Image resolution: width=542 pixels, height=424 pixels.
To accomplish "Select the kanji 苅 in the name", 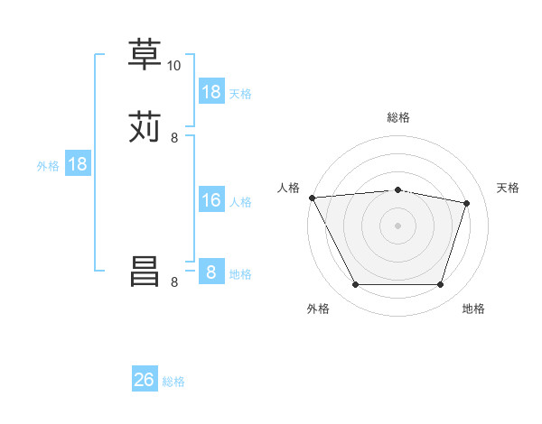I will point(145,127).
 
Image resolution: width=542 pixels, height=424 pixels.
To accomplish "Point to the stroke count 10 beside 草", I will point(174,66).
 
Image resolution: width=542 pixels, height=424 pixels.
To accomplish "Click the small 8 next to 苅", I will point(174,138).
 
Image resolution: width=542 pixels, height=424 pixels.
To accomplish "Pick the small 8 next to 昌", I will point(174,282).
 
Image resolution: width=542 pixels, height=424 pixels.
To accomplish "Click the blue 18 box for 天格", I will point(211,92).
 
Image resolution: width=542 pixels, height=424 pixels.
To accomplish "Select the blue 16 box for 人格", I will point(211,200).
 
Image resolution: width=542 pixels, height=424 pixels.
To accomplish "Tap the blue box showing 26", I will point(145,380).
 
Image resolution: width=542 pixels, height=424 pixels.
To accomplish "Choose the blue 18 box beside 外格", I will point(78,164).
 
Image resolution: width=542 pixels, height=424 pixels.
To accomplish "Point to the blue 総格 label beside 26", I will point(173,382).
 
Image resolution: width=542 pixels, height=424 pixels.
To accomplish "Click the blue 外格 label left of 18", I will point(47,166).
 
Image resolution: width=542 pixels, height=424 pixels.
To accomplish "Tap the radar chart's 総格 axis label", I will point(398,117).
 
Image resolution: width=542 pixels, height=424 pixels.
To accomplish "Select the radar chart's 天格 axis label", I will point(508,188).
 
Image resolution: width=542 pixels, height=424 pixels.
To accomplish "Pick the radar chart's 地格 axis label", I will point(473,309).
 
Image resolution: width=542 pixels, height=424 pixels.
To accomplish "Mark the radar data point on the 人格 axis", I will point(312,198).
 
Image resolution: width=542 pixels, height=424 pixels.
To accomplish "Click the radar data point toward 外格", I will point(356,285).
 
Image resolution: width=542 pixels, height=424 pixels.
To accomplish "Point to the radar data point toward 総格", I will point(398,189).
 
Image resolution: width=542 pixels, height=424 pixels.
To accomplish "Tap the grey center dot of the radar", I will point(398,226).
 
